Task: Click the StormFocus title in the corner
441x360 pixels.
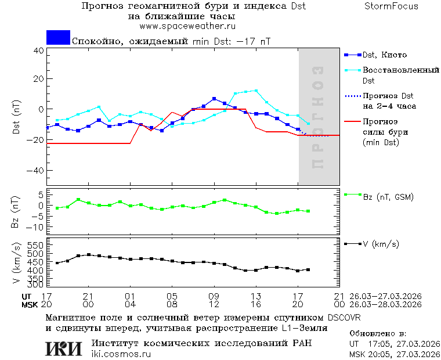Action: pyautogui.click(x=392, y=6)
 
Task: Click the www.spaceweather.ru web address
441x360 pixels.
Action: pyautogui.click(x=187, y=26)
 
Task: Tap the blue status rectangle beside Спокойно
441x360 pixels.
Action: pyautogui.click(x=58, y=38)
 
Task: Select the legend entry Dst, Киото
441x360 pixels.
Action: pyautogui.click(x=384, y=55)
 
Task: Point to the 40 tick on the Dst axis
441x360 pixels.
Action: pyautogui.click(x=39, y=51)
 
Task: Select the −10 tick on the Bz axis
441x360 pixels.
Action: pyautogui.click(x=36, y=226)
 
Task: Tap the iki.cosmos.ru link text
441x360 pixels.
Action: pyautogui.click(x=121, y=354)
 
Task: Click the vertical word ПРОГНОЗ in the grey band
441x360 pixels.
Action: pyautogui.click(x=317, y=117)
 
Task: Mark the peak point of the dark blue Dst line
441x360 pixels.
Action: pyautogui.click(x=214, y=99)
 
